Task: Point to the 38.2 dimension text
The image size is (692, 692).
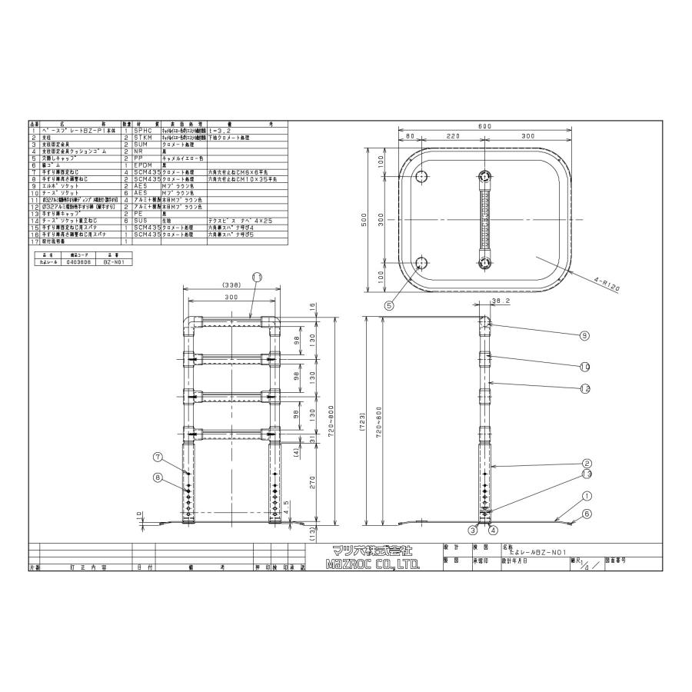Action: coord(500,303)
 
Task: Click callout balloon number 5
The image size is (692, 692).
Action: coord(390,305)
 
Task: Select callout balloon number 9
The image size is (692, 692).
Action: coord(585,334)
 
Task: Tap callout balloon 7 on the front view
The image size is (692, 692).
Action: coord(158,457)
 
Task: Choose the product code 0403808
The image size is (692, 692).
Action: coord(78,261)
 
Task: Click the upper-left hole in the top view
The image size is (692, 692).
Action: coord(421,177)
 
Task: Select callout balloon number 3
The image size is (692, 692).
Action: coord(474,530)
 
